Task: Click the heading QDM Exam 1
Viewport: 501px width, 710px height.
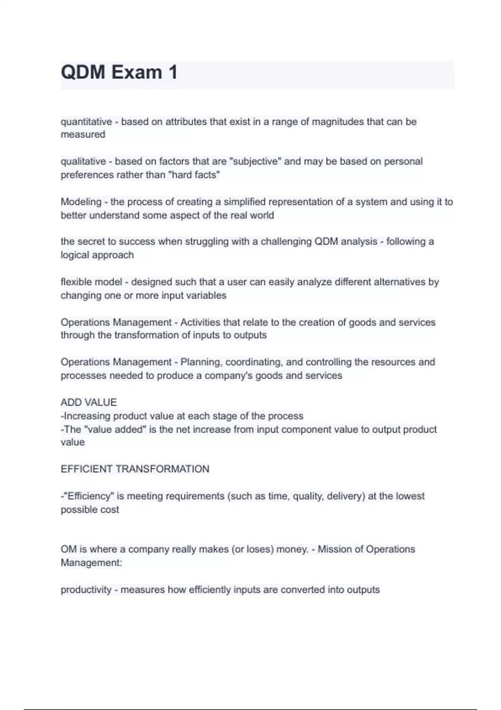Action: pos(119,72)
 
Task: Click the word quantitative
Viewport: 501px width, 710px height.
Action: pos(86,122)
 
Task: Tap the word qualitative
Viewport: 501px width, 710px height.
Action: pos(83,161)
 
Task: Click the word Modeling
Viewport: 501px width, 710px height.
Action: pos(81,202)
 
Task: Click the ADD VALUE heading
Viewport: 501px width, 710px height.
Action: pos(89,402)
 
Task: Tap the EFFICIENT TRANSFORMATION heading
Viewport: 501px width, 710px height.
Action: pos(135,469)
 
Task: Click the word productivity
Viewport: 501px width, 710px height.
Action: pos(86,590)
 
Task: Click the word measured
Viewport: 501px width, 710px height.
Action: pos(83,134)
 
